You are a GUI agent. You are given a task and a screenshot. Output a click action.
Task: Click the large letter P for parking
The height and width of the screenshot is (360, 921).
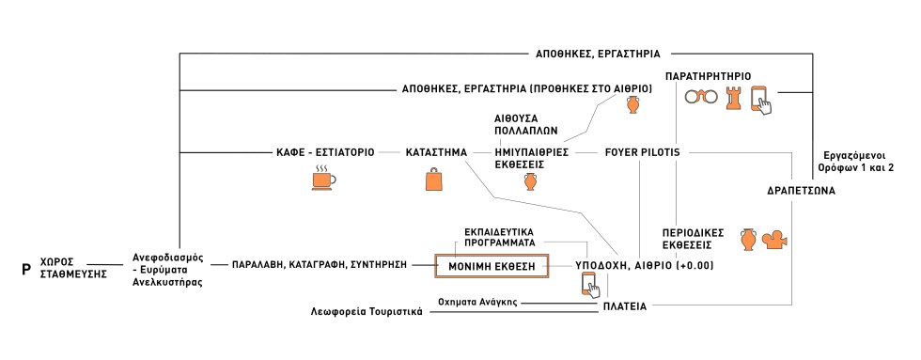pyautogui.click(x=26, y=269)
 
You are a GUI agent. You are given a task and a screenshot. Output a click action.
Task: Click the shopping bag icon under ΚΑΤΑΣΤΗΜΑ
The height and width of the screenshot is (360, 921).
pyautogui.click(x=436, y=180)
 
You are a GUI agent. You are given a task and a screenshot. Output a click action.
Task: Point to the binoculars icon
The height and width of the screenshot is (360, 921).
pyautogui.click(x=698, y=98)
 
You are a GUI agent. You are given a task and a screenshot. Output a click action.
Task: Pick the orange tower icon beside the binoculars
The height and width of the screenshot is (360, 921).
pyautogui.click(x=734, y=98)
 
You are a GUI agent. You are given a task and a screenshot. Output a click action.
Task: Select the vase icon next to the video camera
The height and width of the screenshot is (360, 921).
pyautogui.click(x=748, y=239)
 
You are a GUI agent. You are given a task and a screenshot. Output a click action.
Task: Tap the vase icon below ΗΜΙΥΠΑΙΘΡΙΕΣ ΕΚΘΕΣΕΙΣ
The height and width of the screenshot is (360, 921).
pyautogui.click(x=531, y=181)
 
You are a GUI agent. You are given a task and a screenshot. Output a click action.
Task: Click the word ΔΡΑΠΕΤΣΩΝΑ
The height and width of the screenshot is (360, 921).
pyautogui.click(x=801, y=191)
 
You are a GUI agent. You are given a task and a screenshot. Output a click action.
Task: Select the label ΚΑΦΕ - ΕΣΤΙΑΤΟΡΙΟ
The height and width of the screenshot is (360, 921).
pyautogui.click(x=325, y=152)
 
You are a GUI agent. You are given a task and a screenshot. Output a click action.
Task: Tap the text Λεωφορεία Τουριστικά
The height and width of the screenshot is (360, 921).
pyautogui.click(x=367, y=311)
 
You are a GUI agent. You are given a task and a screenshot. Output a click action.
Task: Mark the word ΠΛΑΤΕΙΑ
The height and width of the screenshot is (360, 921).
pyautogui.click(x=623, y=306)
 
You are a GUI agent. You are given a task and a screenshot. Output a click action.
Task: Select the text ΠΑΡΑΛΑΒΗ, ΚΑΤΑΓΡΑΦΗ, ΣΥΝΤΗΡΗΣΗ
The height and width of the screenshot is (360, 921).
pyautogui.click(x=320, y=266)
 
